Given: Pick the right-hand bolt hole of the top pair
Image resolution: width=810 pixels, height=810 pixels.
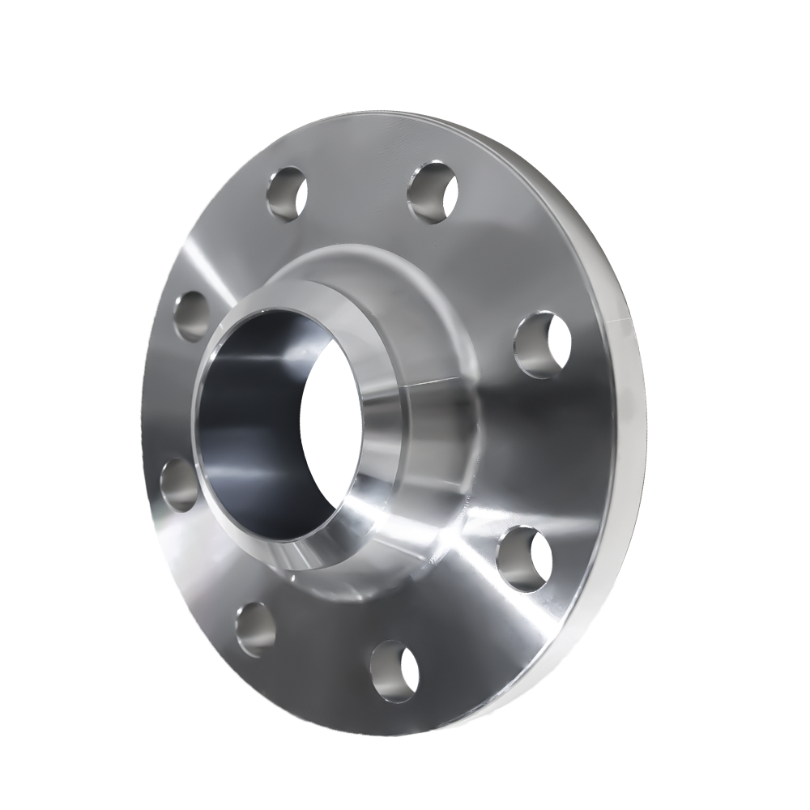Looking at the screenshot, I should (432, 192).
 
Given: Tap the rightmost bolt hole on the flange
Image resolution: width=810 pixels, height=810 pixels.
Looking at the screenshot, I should (542, 345).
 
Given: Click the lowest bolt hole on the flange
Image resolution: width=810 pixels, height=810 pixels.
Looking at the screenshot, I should (394, 670).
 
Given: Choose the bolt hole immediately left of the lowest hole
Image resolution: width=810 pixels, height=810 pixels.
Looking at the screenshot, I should (255, 629).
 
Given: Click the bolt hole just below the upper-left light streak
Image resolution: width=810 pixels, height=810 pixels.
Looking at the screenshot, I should (192, 316).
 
